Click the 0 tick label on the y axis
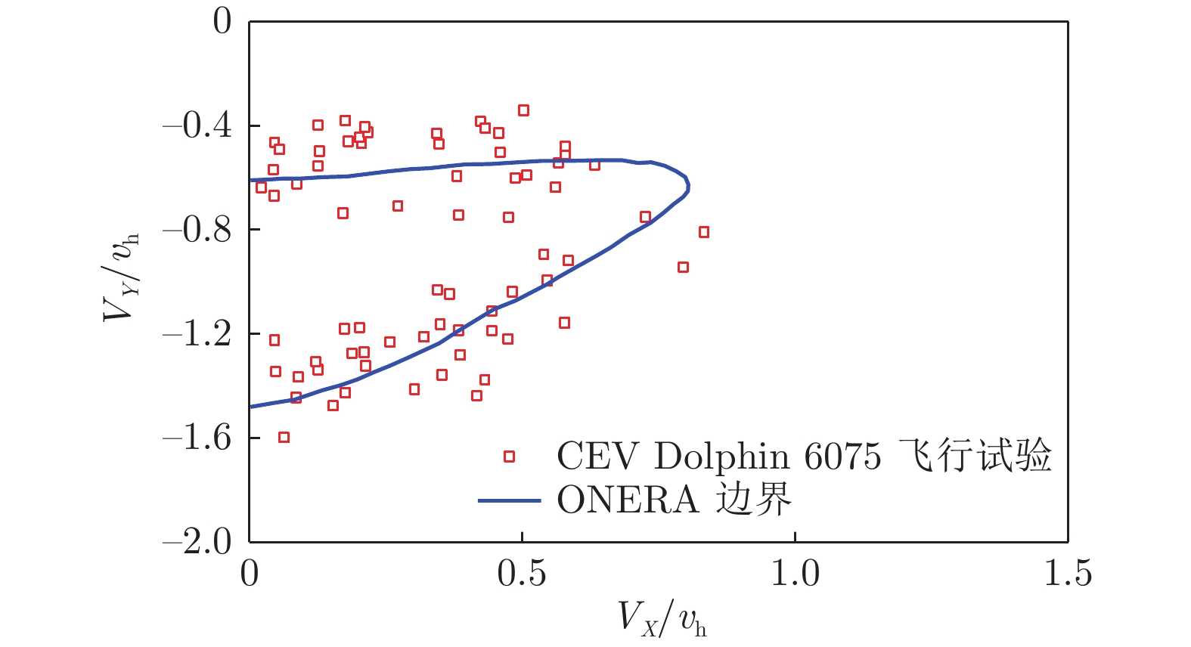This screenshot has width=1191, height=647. [222, 21]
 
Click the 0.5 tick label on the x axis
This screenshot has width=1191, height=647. [522, 574]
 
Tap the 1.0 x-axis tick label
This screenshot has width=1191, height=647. [795, 574]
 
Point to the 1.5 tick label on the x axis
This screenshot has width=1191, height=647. [1068, 574]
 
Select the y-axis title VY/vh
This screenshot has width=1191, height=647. [121, 277]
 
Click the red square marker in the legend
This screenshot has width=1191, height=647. [509, 457]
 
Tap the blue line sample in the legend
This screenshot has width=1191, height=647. [509, 500]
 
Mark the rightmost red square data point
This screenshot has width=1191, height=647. [704, 232]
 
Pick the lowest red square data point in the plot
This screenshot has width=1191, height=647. [284, 438]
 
